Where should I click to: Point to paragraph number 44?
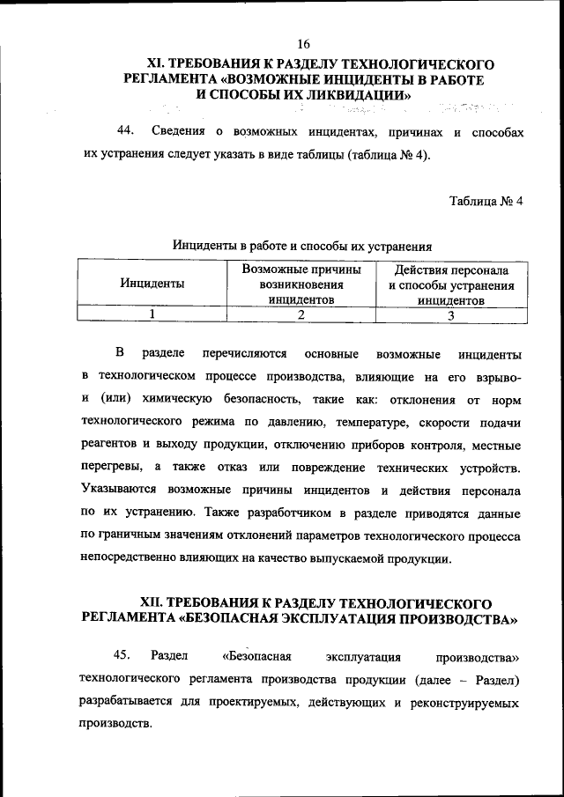[x=126, y=131]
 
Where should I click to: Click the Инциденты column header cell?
[x=152, y=284]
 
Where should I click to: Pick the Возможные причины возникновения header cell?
[x=301, y=284]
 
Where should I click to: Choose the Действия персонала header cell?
[x=450, y=284]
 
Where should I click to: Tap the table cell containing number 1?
[x=152, y=314]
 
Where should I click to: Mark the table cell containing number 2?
[x=301, y=314]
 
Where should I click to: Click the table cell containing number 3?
[x=450, y=314]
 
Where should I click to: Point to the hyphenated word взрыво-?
[x=497, y=377]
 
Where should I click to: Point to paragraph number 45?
[x=122, y=656]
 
